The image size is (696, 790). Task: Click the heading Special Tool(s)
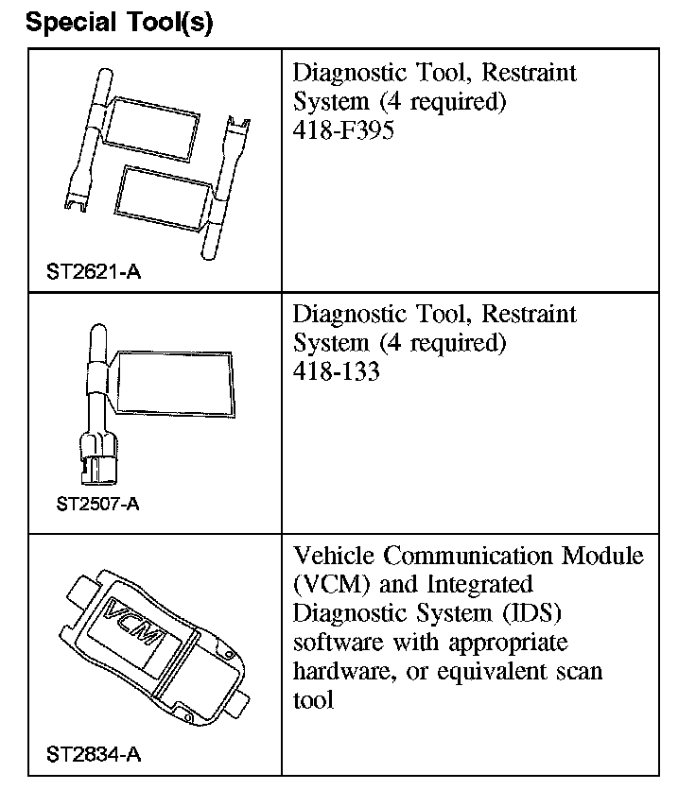click(120, 23)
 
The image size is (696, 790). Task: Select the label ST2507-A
click(97, 504)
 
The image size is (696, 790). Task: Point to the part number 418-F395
click(343, 130)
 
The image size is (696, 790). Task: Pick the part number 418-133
click(337, 371)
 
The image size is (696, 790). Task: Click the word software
click(332, 643)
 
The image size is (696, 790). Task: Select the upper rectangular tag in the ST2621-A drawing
click(152, 122)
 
